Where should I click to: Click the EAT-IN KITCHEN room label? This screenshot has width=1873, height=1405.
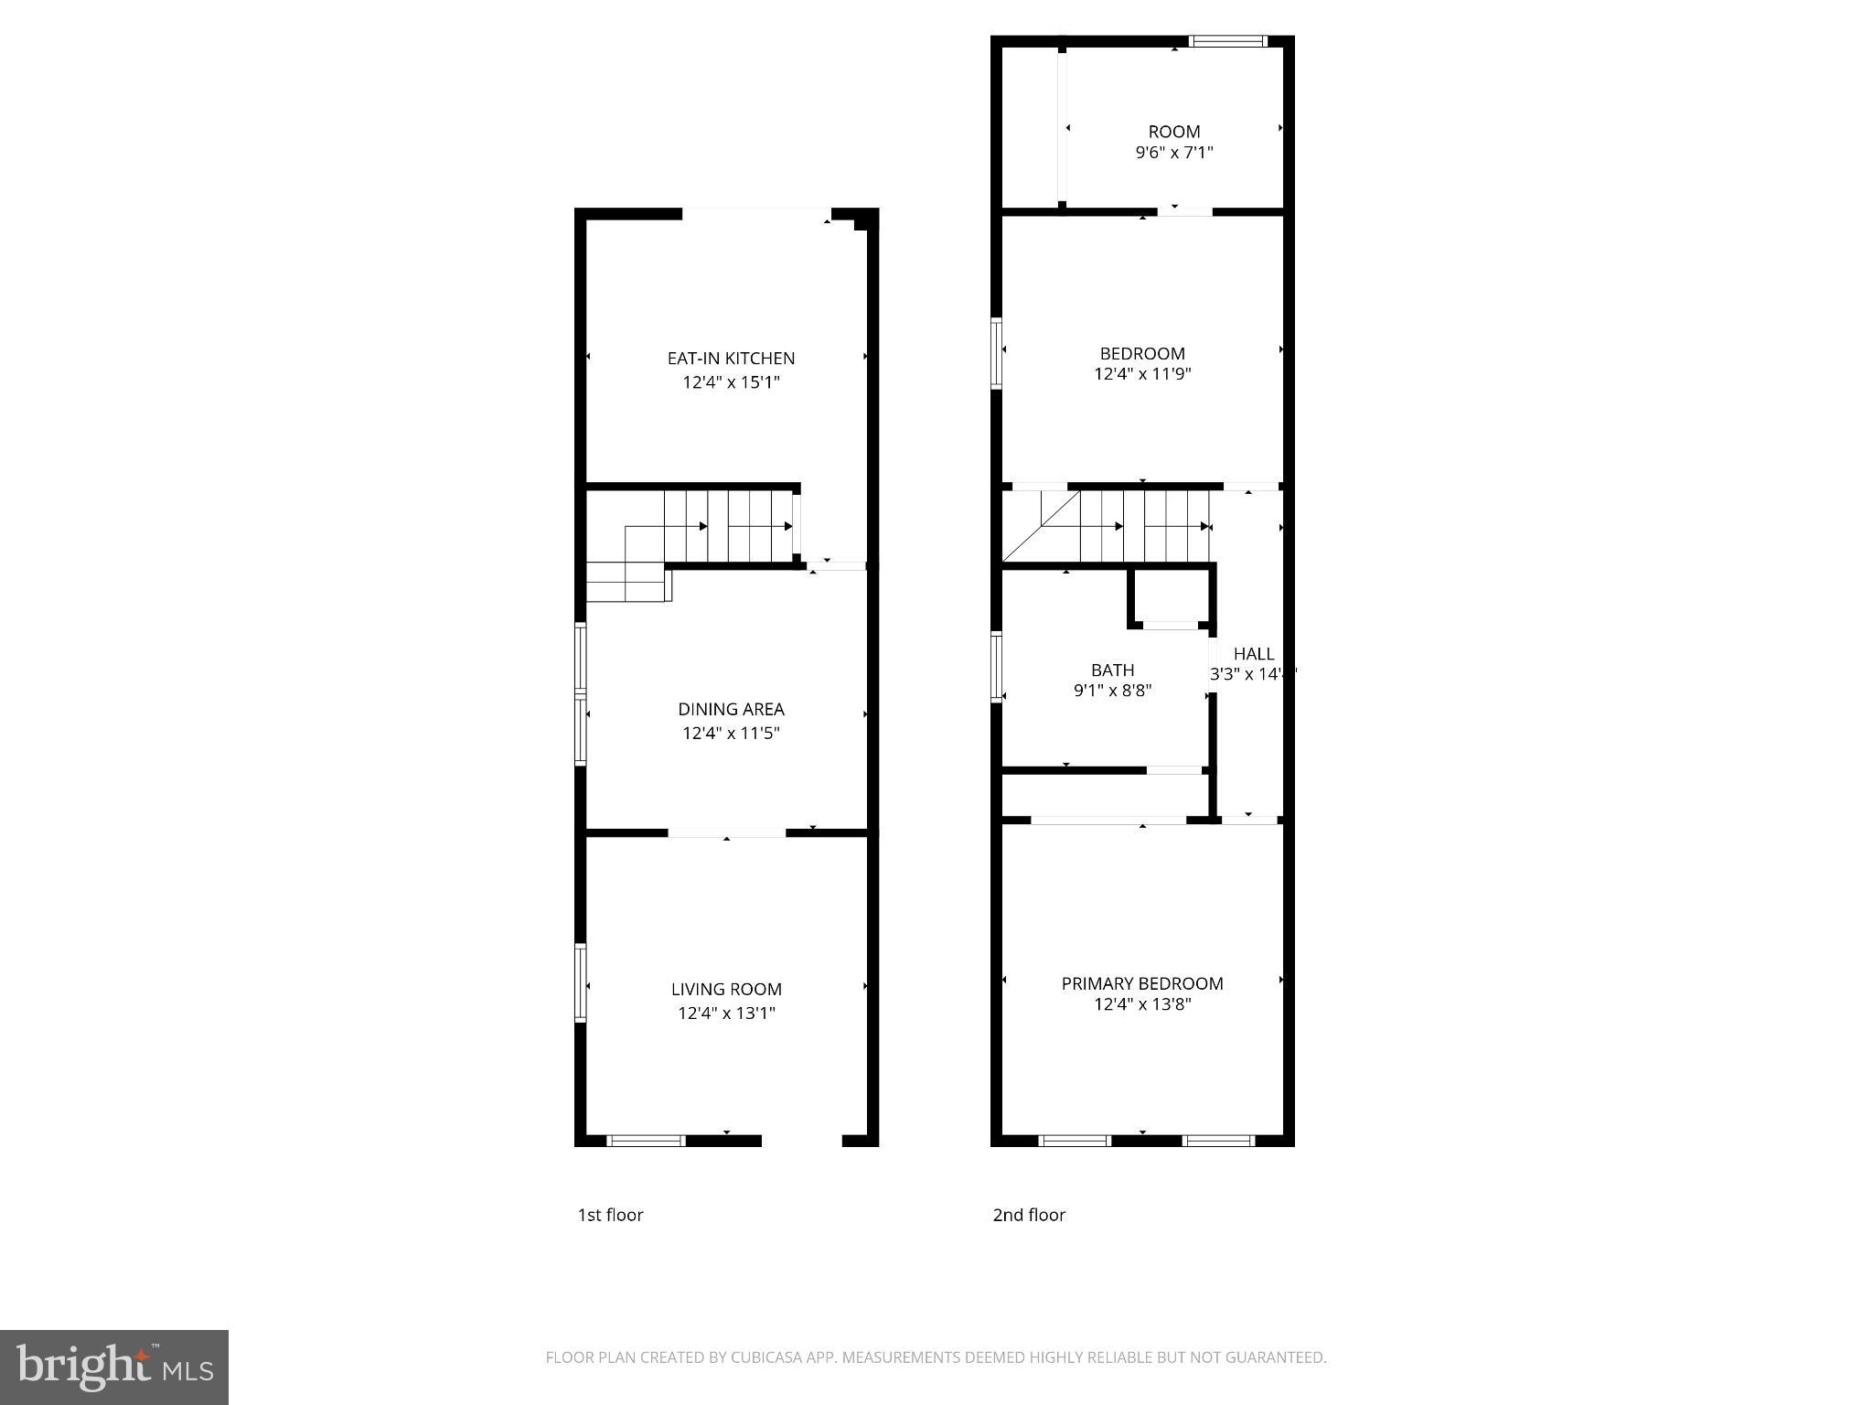pos(731,359)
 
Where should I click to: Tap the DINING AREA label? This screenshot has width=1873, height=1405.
pos(731,709)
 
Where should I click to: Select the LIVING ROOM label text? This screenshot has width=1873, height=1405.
pos(726,989)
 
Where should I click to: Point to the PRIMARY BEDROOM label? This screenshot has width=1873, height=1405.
pos(1142,983)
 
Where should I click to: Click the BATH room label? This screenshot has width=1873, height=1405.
pos(1112,670)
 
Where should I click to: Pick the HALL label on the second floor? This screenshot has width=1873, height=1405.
pos(1253,654)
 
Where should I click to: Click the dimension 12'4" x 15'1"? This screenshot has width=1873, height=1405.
pos(731,382)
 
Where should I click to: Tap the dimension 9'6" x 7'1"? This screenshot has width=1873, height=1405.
pos(1174,153)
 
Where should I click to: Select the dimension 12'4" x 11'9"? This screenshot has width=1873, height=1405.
pos(1142,374)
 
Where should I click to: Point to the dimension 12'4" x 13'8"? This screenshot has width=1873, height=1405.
pos(1142,1004)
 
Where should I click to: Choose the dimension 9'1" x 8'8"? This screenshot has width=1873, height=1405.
pos(1112,691)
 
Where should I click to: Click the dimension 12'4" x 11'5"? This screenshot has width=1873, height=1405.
pos(731,733)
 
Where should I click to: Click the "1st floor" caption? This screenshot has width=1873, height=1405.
pos(610,1215)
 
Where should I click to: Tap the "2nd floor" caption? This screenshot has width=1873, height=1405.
pos(1029,1215)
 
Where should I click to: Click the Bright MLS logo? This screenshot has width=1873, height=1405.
pos(114,1367)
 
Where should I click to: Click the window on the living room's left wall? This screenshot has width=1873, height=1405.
pos(580,982)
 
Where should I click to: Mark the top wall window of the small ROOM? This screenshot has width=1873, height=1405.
pos(1227,41)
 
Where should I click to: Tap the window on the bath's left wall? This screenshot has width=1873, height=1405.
pos(997,667)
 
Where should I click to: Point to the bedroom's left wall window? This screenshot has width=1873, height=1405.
pos(997,353)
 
